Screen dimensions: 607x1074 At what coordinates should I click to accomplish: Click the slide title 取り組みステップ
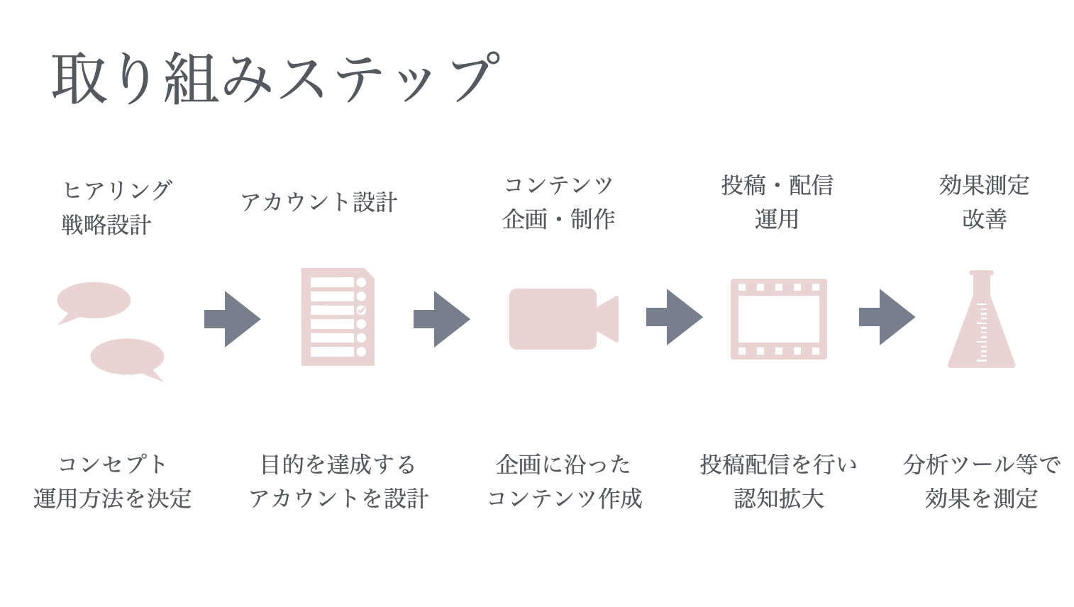(275, 78)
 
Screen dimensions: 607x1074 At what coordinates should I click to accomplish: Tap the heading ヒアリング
(117, 189)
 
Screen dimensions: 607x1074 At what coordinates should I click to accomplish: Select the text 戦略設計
(106, 225)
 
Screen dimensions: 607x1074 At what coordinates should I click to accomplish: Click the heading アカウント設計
(319, 202)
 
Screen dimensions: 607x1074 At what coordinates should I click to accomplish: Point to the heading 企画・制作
(558, 219)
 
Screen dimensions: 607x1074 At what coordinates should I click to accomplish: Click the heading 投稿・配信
(777, 185)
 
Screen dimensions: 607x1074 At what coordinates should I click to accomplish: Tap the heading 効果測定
(984, 185)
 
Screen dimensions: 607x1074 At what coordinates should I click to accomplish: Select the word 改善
(984, 219)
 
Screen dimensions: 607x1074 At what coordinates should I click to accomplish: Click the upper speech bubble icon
(94, 301)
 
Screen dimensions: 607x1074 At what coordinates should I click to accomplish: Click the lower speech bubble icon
(128, 357)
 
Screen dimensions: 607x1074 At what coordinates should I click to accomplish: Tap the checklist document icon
(337, 317)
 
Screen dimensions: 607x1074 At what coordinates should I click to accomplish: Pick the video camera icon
(563, 319)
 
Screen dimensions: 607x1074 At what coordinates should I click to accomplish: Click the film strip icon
(778, 319)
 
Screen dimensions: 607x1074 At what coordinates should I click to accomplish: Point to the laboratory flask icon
(981, 326)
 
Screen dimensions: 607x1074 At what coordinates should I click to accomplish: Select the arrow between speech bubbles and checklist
(232, 319)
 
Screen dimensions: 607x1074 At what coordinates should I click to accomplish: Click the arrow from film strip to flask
(887, 317)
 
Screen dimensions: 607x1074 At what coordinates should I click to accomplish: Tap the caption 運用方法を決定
(113, 499)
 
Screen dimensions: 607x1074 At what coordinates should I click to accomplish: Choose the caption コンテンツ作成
(564, 499)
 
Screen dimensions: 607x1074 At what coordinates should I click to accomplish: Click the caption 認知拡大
(779, 499)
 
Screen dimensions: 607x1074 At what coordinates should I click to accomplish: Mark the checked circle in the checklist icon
(361, 310)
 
